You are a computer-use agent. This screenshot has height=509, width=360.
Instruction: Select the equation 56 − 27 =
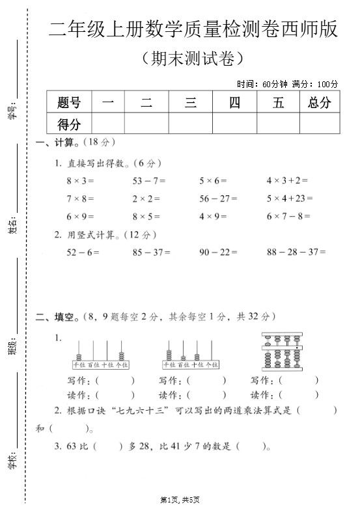218,199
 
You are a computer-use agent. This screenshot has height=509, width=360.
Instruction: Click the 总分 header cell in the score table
320,102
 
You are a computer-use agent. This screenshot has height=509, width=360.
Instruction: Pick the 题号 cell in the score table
69,102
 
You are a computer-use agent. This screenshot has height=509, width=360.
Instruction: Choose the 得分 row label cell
69,124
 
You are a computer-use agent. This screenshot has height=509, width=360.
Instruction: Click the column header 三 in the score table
191,102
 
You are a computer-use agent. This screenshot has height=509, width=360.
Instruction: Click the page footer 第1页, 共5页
180,500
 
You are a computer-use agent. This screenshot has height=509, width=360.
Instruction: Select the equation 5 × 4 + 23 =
290,199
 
